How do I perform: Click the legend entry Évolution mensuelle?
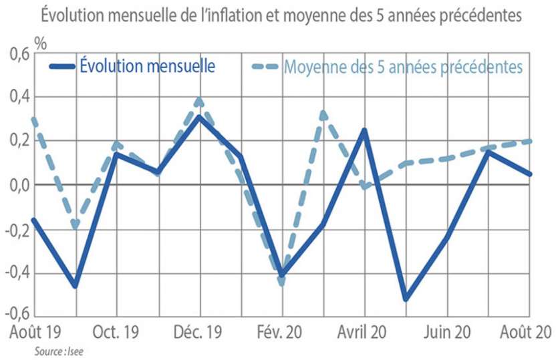146,66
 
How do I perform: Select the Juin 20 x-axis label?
447,331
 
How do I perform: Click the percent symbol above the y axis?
41,45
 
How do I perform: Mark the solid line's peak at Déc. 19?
199,117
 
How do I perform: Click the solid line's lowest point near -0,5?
406,299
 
